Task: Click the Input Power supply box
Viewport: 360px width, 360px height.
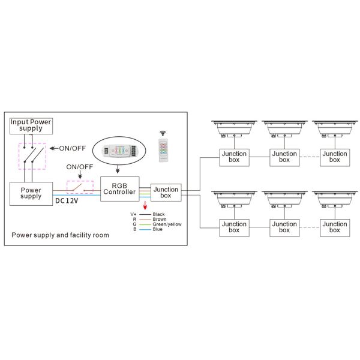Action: (x=31, y=125)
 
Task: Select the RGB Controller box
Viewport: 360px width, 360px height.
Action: (x=120, y=188)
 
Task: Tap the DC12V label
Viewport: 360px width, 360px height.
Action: (x=67, y=201)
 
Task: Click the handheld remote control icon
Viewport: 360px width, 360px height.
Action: (x=162, y=149)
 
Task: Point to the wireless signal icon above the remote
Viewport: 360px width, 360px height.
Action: (x=162, y=131)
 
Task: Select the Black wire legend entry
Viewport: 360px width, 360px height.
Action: (x=158, y=214)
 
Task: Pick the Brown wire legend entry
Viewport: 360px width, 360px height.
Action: (x=159, y=219)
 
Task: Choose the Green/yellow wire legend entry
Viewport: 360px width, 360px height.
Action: (x=167, y=224)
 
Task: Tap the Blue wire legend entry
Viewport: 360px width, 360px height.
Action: (x=157, y=229)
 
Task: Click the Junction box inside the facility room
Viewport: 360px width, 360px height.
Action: (x=166, y=193)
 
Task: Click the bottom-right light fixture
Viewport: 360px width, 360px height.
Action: (x=334, y=199)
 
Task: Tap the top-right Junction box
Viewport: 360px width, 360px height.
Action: (x=334, y=157)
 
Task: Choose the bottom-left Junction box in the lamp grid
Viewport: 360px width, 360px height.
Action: (x=235, y=227)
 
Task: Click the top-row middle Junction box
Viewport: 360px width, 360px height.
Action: (x=284, y=157)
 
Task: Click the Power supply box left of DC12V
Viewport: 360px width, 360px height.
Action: (x=31, y=193)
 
